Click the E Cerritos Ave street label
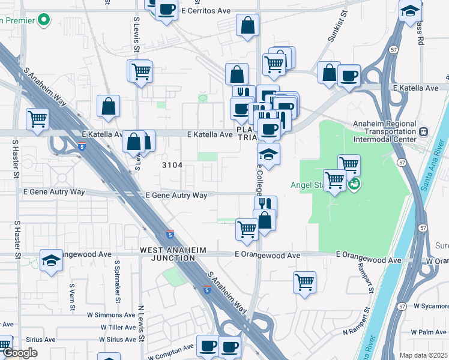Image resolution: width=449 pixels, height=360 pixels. click(x=206, y=11)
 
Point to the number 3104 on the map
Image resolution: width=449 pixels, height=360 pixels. click(x=172, y=164)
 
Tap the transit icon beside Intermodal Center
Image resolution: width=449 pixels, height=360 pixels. click(x=424, y=131)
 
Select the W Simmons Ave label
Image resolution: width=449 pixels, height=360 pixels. click(x=112, y=315)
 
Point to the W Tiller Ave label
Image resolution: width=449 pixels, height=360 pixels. click(x=119, y=328)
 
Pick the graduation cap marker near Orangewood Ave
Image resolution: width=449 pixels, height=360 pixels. click(x=52, y=260)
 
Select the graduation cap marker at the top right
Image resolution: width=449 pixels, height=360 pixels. click(x=411, y=11)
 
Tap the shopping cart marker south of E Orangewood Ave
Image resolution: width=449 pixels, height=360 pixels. click(x=305, y=281)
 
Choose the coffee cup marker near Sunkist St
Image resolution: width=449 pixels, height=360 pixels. click(x=349, y=75)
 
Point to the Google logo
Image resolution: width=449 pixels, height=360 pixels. click(x=20, y=353)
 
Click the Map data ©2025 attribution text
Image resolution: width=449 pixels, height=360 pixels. click(x=424, y=355)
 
